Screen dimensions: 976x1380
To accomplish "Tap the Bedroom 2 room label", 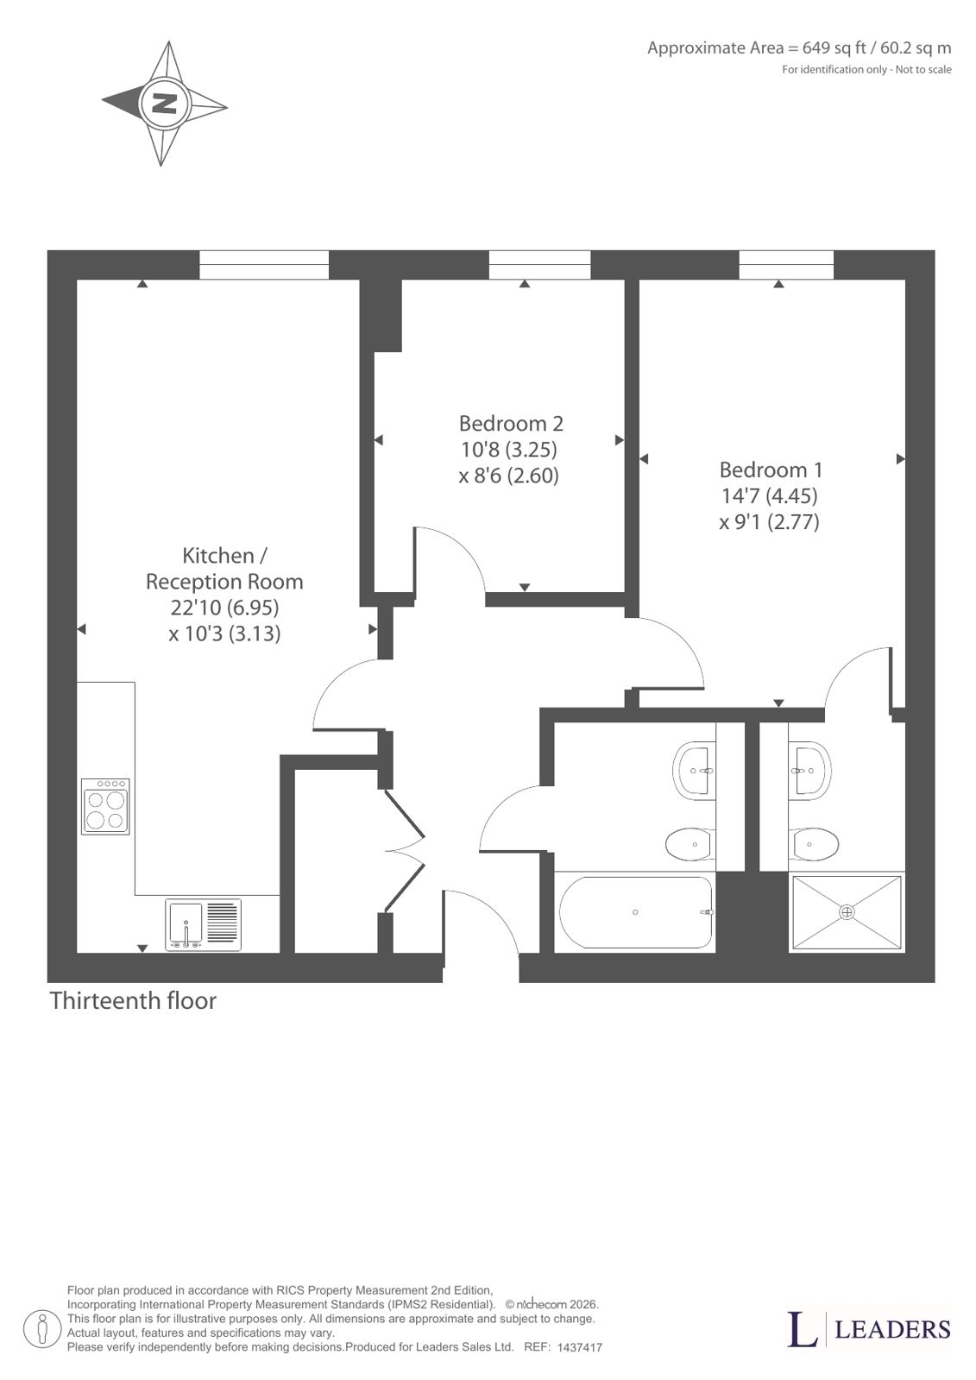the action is pyautogui.click(x=511, y=423).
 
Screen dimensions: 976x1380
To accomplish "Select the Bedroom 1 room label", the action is pyautogui.click(x=771, y=469).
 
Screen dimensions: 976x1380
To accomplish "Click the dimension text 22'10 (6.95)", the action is pyautogui.click(x=224, y=608).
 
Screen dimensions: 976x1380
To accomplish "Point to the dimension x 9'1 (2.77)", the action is pyautogui.click(x=769, y=522).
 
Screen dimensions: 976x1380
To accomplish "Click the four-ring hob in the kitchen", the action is pyautogui.click(x=105, y=806).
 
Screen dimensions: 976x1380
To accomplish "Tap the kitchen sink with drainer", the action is pyautogui.click(x=203, y=924).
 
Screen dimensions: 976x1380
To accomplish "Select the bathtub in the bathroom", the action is pyautogui.click(x=636, y=912).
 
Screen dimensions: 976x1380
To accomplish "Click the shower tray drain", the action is pyautogui.click(x=847, y=911).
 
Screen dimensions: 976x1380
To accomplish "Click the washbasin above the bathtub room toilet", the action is pyautogui.click(x=695, y=771).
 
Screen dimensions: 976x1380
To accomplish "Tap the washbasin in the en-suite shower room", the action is pyautogui.click(x=809, y=771).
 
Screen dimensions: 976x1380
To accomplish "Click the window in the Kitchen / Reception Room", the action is pyautogui.click(x=264, y=265).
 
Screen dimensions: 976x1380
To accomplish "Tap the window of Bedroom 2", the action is pyautogui.click(x=539, y=265).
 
